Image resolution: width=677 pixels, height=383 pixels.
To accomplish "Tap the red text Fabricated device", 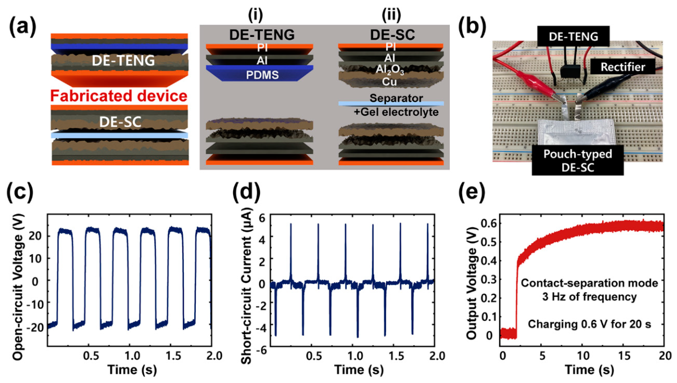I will coord(119,96).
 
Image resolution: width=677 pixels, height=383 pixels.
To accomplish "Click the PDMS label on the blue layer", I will coord(262,75).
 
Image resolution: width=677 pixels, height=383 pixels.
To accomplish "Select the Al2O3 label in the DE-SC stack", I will coord(390,70).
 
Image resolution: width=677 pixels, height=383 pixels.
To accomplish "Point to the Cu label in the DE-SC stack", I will coord(389,82).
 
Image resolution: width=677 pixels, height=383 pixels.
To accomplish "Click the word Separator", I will coord(396,98).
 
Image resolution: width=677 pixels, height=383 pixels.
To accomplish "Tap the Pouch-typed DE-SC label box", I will coord(578,160).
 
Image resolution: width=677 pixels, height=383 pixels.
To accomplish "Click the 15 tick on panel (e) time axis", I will coord(624,356).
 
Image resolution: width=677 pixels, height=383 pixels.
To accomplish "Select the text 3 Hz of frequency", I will coord(589,297).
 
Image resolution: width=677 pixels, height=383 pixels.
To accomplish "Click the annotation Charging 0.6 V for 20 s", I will coord(589,324).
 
